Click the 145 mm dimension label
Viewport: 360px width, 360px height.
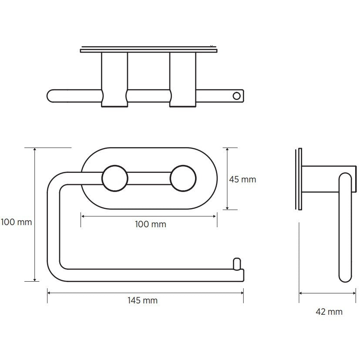click(x=143, y=301)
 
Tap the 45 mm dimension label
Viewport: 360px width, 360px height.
click(x=242, y=179)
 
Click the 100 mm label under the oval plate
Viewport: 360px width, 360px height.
click(x=150, y=225)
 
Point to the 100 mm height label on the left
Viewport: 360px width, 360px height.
click(x=16, y=222)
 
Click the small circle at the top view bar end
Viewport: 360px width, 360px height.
click(x=237, y=96)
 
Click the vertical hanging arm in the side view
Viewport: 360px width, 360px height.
click(x=345, y=226)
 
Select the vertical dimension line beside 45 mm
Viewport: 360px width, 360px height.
click(x=228, y=179)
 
